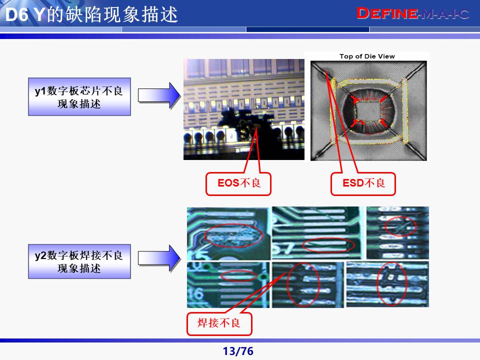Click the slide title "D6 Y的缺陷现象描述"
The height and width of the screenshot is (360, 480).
coord(90,15)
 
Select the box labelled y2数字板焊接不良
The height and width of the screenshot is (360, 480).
coord(79,261)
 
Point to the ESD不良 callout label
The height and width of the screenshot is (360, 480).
coord(363,183)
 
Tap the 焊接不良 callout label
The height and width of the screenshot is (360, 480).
coord(219,323)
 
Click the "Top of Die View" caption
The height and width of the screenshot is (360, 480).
coord(367,56)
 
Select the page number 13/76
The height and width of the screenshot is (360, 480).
coord(238,351)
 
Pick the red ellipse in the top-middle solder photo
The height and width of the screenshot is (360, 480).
coord(329,244)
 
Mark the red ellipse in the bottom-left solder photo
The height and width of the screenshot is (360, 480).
coord(239,275)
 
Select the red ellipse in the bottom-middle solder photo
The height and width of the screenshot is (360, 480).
coord(303,283)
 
